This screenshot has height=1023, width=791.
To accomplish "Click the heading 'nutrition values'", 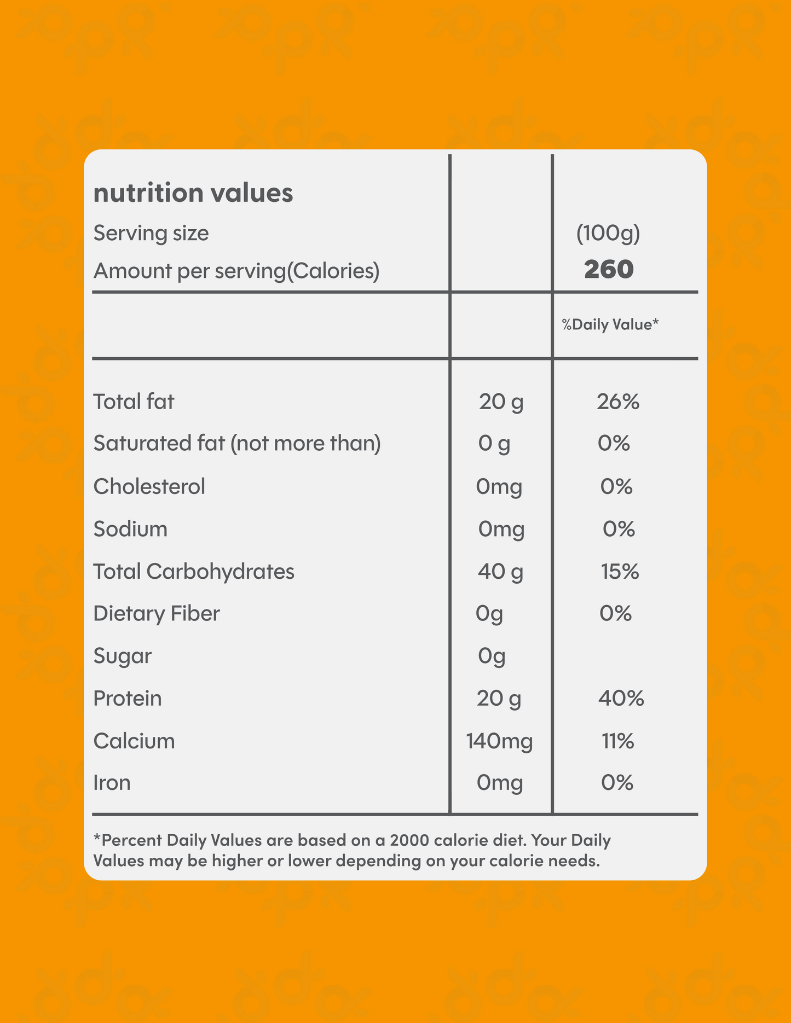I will pos(193,193).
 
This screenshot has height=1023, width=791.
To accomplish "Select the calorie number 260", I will pos(609,270).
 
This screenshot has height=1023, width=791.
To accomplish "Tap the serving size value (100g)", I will pos(608,234).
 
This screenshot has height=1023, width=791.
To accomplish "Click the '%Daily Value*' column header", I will pos(610,325).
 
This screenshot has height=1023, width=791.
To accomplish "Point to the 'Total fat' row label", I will pos(134,402).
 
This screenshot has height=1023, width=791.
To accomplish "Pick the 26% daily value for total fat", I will pos(618,402).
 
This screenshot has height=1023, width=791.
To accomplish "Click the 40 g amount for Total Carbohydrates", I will pos(500,572).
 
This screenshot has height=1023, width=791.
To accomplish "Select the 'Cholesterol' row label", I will pos(149,486).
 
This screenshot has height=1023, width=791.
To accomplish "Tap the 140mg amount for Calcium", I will pos(499,742).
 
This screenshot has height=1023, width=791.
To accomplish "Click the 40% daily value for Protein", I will pos(621,699).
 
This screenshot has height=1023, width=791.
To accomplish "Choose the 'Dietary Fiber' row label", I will pos(157,614).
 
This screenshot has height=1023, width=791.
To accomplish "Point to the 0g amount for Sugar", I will pos(492,656).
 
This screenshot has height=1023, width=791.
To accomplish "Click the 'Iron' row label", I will pos(112,783).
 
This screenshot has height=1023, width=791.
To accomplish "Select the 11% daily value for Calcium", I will pos(618,742).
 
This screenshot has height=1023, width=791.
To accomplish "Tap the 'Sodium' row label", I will pos(130,529).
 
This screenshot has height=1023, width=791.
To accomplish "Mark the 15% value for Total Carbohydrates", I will pos(620,572).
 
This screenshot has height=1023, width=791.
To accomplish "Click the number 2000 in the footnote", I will pos(410,840).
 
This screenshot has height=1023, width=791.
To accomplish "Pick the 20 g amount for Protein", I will pos(499,699).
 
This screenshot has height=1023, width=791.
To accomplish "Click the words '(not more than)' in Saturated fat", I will pos(305,444).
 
